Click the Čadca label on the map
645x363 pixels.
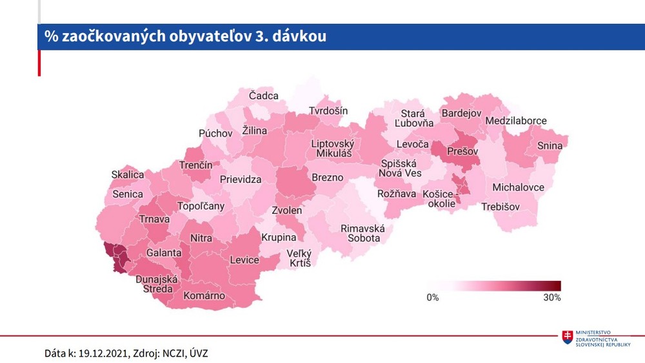[264, 96]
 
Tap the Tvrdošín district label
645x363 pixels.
[328, 111]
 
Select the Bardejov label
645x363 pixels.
[461, 114]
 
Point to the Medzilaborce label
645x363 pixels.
[516, 121]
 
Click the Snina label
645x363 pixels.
[550, 146]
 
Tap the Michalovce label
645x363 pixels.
[518, 187]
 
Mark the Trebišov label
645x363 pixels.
[501, 207]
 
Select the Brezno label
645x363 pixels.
[327, 178]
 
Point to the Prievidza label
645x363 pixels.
[241, 180]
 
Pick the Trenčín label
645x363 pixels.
[195, 166]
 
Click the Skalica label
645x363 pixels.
[128, 175]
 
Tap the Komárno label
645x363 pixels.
[204, 296]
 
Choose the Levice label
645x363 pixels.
[244, 260]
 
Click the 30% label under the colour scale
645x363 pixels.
[552, 298]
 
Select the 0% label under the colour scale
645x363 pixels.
[432, 298]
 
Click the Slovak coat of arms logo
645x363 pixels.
[568, 337]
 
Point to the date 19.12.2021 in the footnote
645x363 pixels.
[103, 353]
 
